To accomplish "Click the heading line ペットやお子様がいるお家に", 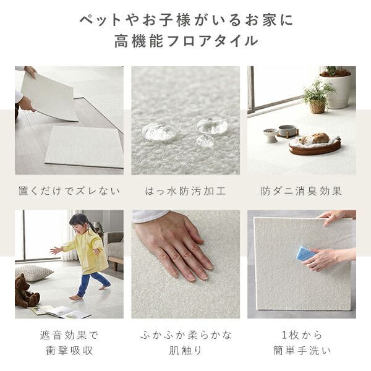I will point(185,19).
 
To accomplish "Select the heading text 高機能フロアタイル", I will point(185,41).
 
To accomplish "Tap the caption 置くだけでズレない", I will point(69,191).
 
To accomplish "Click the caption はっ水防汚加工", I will point(185,191).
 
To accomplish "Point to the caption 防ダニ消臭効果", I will point(302,191).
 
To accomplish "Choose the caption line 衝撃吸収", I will point(69,350).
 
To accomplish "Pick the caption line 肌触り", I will point(185,350).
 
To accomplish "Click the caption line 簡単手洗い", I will point(302,350).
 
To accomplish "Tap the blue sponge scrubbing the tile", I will point(306,253).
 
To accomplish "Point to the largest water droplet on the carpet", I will point(159,131).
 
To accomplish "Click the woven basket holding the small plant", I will point(317,106).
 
